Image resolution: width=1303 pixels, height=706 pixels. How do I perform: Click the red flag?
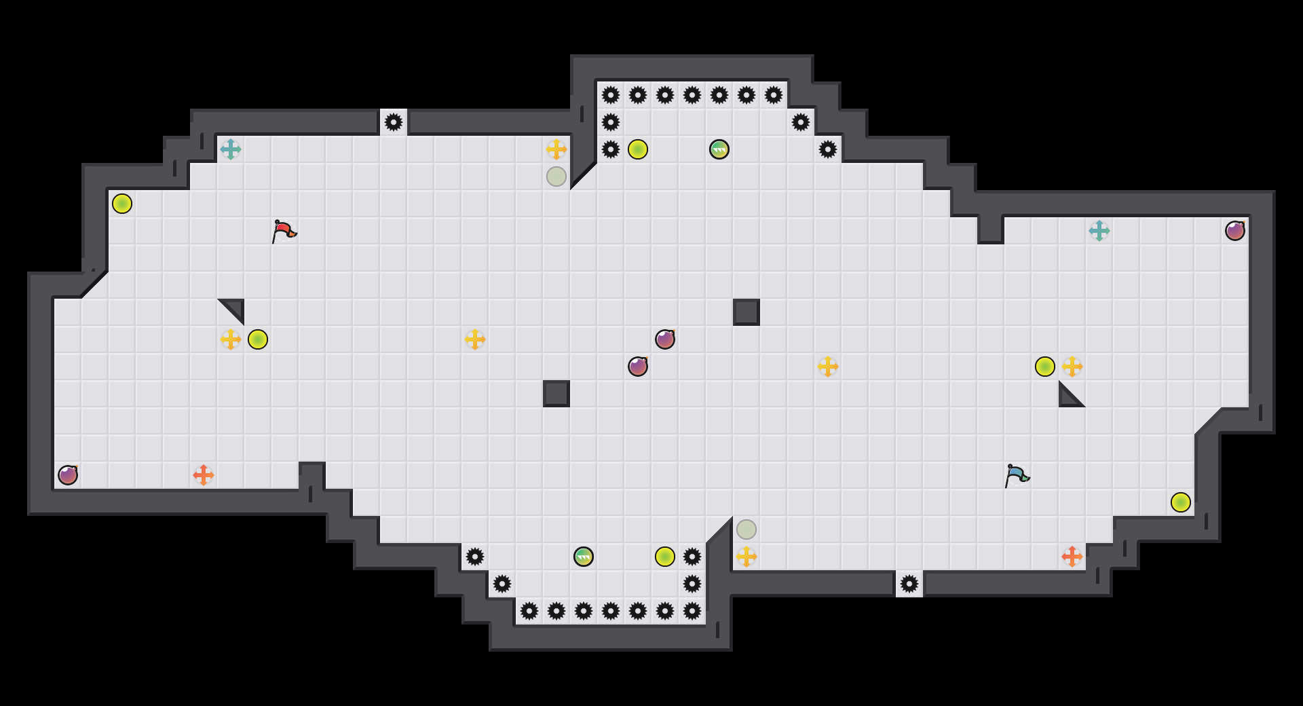click(x=284, y=231)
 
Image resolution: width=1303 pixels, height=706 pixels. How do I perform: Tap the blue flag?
click(x=1017, y=475)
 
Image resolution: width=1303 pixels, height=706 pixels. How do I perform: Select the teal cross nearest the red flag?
click(x=231, y=149)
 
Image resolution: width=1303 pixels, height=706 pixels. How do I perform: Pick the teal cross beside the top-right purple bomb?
click(x=1099, y=231)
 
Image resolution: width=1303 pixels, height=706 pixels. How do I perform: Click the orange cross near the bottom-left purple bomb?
click(x=204, y=475)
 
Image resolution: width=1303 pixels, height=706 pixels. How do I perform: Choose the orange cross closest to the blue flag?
click(x=1072, y=557)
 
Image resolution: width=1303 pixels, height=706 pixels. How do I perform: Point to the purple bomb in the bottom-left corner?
click(x=68, y=475)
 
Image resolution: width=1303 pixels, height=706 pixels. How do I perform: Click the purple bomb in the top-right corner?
click(x=1235, y=231)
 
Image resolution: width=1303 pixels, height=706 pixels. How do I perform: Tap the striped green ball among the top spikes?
click(x=719, y=149)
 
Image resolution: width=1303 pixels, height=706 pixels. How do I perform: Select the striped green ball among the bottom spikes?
click(x=584, y=557)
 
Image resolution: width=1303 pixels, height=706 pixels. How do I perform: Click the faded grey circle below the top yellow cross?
click(x=556, y=176)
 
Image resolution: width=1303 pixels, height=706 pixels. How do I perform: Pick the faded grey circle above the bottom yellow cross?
click(x=747, y=529)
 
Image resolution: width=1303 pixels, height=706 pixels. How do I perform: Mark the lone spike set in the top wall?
click(x=394, y=122)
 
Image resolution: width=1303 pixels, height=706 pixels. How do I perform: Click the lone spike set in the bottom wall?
click(x=909, y=584)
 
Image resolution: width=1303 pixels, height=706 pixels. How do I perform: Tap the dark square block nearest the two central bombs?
click(x=556, y=394)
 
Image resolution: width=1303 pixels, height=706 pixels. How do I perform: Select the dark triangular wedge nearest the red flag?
click(x=235, y=308)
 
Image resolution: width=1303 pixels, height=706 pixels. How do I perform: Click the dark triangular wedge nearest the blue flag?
click(x=1068, y=398)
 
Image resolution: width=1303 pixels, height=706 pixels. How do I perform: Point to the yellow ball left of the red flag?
click(x=122, y=204)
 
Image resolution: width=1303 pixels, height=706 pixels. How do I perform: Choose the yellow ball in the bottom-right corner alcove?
click(x=1181, y=502)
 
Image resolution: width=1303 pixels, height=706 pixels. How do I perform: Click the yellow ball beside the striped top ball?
click(x=638, y=149)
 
